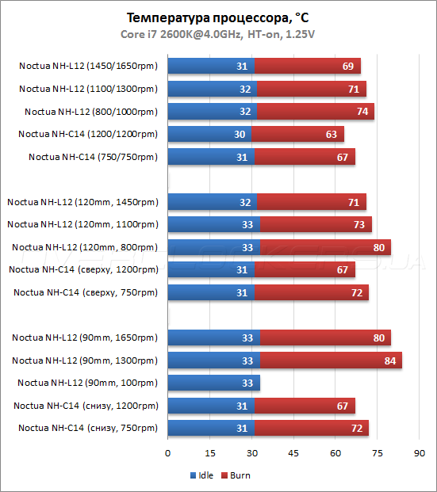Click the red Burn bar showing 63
click(x=297, y=134)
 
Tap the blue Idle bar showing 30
click(x=209, y=134)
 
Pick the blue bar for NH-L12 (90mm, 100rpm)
click(x=213, y=383)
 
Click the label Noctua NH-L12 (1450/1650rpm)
click(x=88, y=66)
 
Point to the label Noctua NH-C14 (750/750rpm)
click(x=93, y=157)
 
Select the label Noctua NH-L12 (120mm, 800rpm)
click(x=85, y=247)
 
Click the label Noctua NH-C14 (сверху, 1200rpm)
click(x=83, y=270)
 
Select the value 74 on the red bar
click(x=362, y=112)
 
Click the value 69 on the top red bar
click(x=347, y=67)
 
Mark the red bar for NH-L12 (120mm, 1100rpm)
click(x=316, y=224)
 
